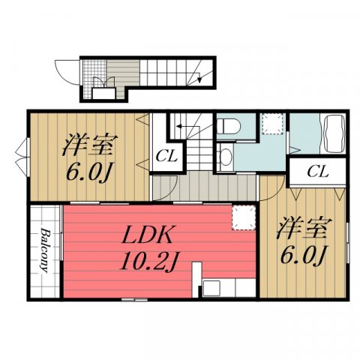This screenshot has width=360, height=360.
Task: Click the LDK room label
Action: (147, 235)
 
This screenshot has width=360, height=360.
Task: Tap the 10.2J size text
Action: (148, 261)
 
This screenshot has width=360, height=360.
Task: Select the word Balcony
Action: (45, 250)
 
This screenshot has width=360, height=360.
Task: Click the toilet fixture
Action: (228, 127)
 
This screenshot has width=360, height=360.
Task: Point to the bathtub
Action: (334, 133)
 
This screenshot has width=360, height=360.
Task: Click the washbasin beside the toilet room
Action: (226, 157)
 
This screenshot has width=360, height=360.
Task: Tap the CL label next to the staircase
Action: (166, 157)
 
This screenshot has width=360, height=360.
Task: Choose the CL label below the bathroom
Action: (318, 172)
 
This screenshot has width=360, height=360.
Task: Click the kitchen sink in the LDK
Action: (211, 288)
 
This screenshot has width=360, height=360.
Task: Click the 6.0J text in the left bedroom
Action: (88, 172)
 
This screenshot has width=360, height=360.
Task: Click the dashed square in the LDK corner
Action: (244, 217)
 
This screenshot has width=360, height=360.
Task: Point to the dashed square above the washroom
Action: (272, 124)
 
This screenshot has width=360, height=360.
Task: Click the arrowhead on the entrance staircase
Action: (199, 79)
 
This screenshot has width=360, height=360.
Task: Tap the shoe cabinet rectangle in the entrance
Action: (104, 94)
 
